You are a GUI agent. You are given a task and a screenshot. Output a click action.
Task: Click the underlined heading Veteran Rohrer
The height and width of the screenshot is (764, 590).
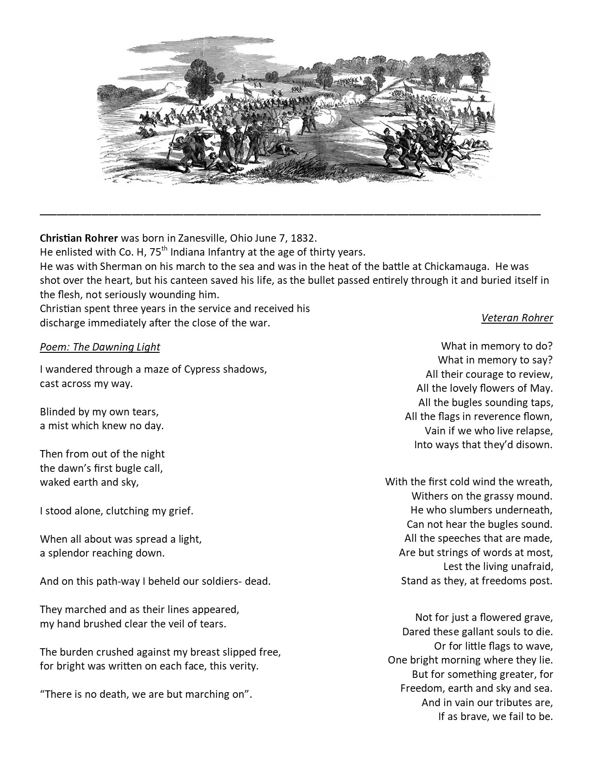(x=517, y=318)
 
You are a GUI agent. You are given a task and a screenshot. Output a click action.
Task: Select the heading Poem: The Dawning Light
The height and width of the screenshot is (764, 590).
(x=100, y=347)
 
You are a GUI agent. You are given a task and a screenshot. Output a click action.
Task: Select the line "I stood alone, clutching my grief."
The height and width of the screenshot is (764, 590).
(x=117, y=511)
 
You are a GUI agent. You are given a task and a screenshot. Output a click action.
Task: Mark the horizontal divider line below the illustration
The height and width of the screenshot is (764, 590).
(x=290, y=214)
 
